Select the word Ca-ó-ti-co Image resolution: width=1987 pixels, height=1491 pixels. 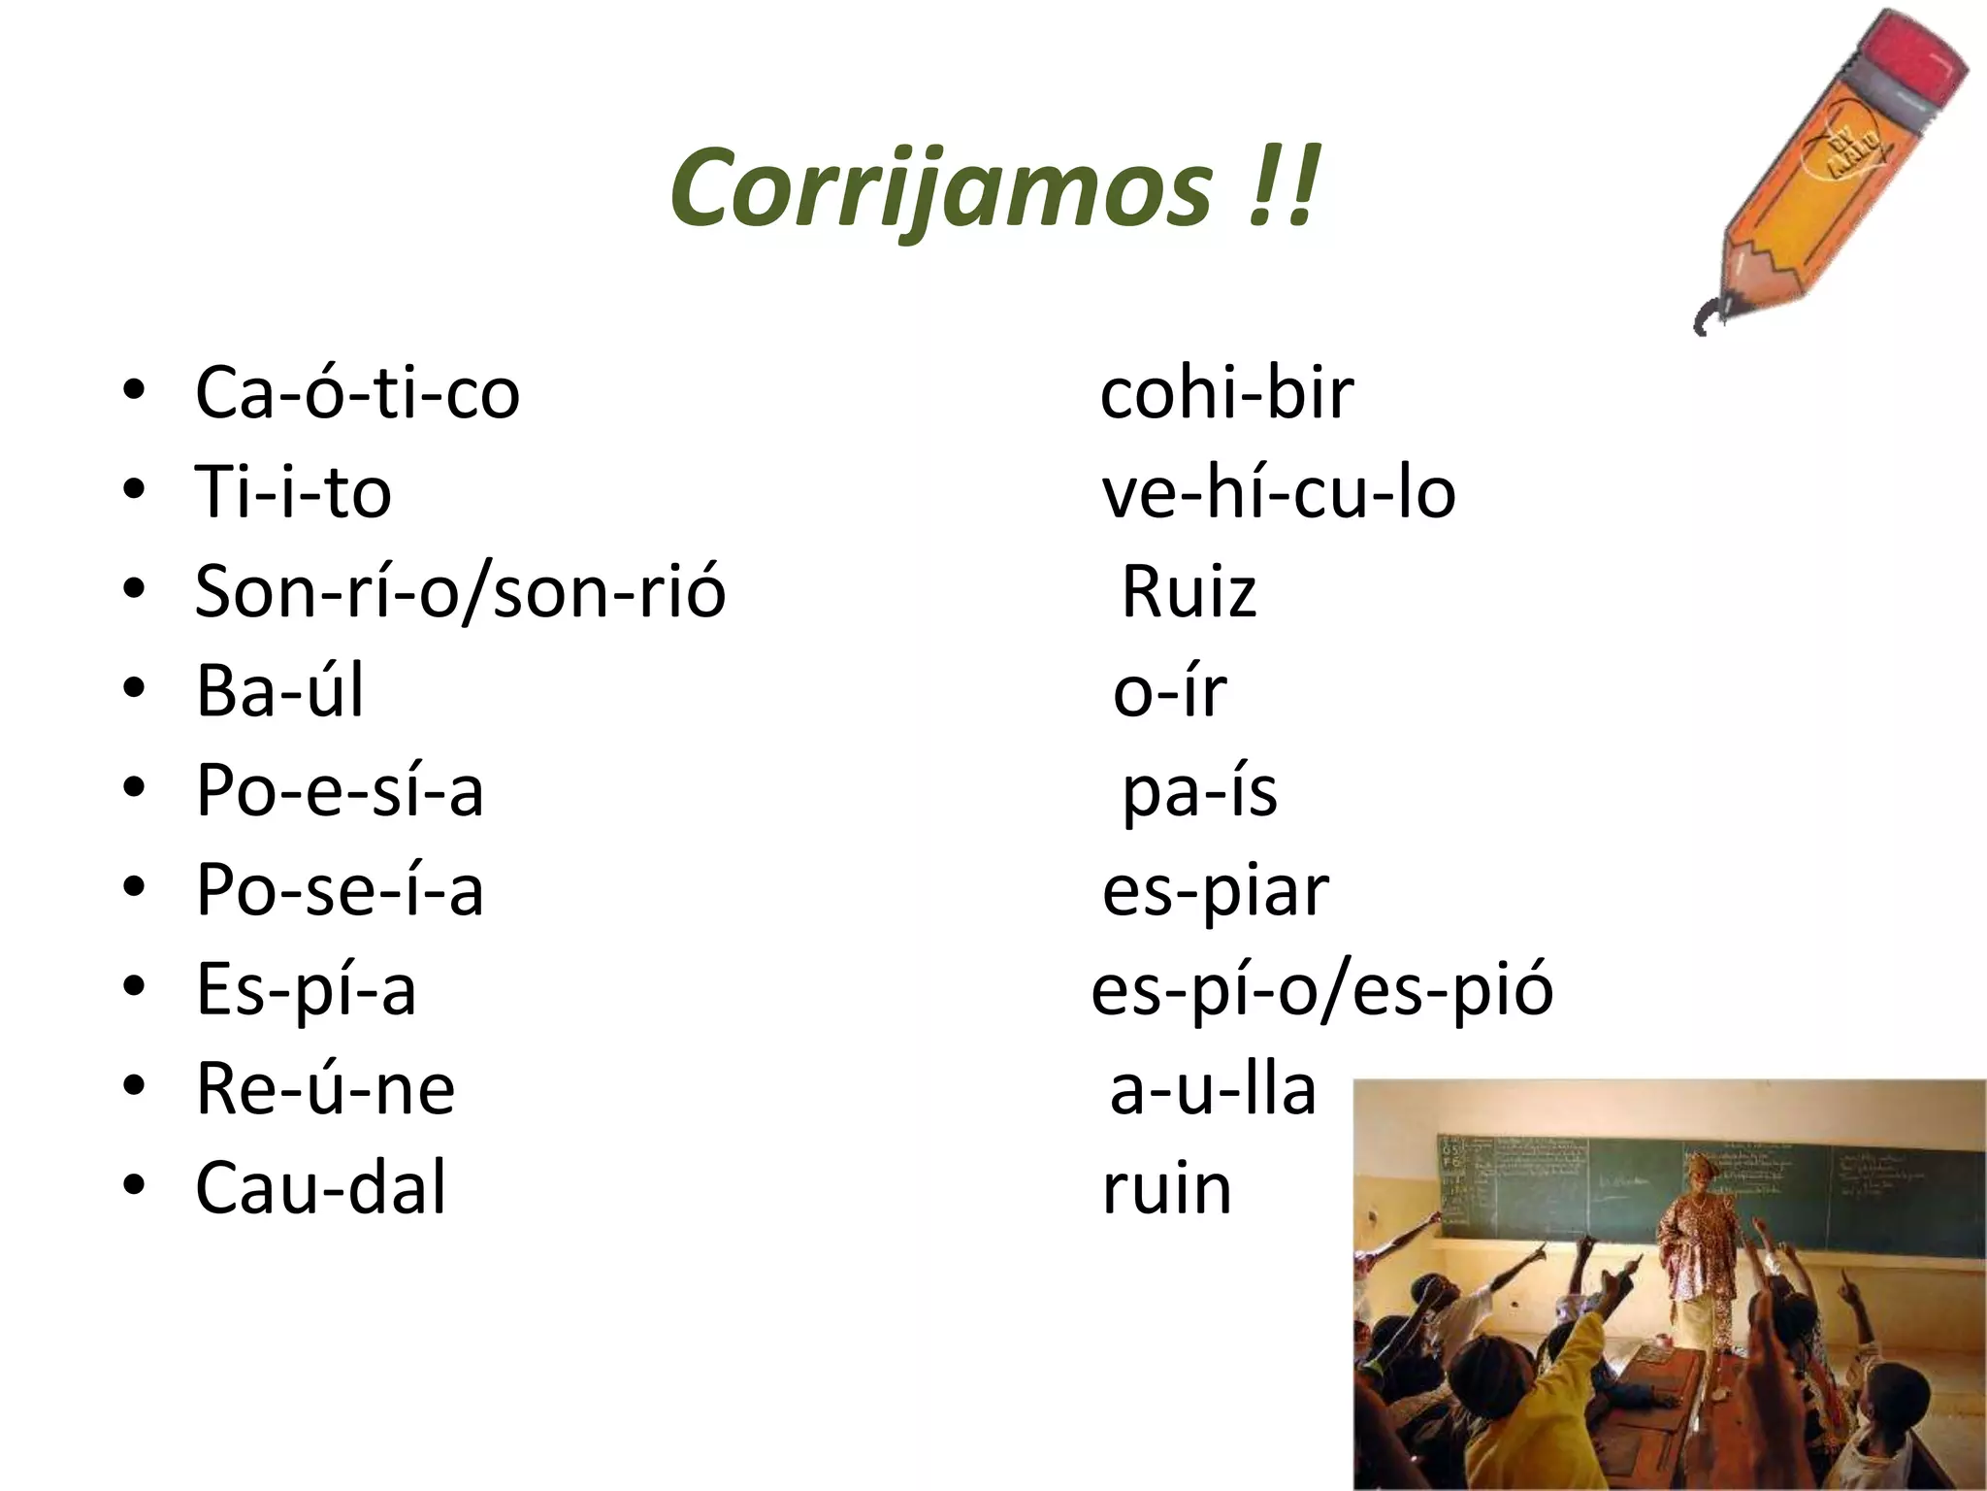[357, 393]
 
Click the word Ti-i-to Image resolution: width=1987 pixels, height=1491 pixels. [293, 492]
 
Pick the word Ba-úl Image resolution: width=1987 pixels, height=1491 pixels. [280, 690]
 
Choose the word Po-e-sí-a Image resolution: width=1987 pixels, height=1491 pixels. [340, 790]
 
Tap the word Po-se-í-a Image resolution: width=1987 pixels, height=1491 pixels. [340, 889]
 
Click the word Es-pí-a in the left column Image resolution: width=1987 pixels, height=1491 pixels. [307, 989]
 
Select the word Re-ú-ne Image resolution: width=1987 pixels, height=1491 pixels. [325, 1088]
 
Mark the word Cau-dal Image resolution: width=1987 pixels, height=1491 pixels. [321, 1187]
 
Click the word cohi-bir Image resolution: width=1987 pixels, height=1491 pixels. [1226, 393]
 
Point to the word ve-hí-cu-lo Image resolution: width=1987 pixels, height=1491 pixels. [1279, 492]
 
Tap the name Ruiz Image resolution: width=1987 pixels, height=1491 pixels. [1189, 591]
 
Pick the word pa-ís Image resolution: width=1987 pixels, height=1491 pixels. [1199, 792]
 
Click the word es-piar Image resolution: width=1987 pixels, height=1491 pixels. [1215, 891]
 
